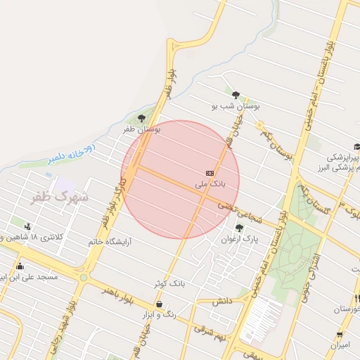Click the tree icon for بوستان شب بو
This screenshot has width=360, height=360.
[235, 96]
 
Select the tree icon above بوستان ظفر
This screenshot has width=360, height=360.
[142, 119]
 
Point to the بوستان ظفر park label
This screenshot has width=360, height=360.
[142, 129]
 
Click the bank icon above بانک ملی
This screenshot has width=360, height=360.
[210, 173]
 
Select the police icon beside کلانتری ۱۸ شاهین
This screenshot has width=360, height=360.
[27, 226]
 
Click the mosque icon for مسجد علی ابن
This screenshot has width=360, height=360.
[20, 266]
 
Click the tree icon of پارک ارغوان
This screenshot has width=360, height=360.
[239, 228]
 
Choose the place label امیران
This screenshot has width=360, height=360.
[340, 345]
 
